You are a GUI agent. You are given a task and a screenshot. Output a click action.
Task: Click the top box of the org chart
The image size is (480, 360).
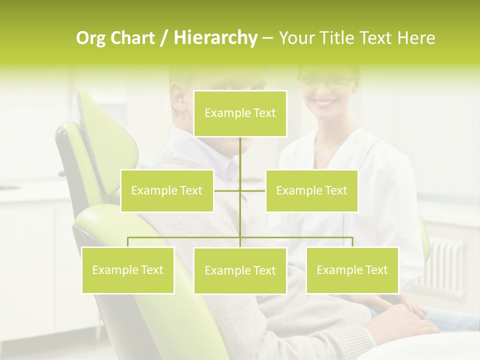(240, 113)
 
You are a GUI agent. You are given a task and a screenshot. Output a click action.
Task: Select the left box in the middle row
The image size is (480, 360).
(167, 190)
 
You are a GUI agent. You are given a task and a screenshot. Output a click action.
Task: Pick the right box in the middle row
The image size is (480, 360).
(311, 190)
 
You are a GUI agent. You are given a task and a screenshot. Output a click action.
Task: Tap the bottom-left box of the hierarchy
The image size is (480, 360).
(127, 270)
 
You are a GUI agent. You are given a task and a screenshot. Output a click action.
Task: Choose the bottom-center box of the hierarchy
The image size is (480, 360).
(240, 270)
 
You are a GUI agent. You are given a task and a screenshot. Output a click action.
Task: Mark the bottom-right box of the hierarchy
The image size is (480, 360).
(352, 270)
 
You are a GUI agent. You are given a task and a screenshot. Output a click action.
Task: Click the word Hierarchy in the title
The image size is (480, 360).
(215, 38)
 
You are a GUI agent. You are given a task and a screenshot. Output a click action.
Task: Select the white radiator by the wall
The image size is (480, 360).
(447, 260)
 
